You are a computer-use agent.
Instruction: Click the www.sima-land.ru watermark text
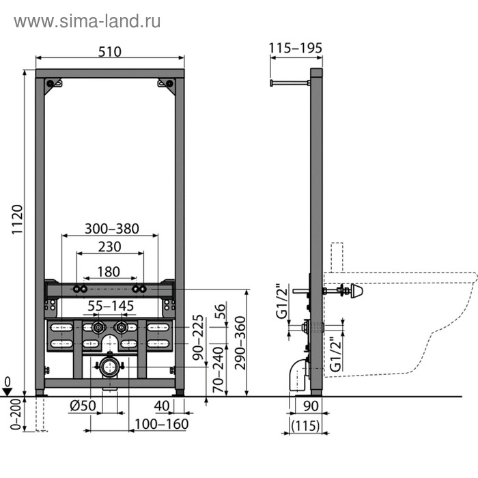coord(87,22)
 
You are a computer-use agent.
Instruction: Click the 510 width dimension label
coord(110,51)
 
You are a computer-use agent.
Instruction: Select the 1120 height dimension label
coord(17,219)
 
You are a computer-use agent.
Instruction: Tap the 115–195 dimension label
coord(296,48)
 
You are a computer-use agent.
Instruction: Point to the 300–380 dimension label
coord(112,229)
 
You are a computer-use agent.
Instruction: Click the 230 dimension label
coord(110,247)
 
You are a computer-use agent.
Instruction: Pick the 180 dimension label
coord(109,272)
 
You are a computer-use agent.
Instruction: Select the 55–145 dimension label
coord(111,306)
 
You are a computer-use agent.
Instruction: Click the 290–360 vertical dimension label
coord(240,343)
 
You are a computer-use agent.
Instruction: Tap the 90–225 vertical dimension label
coord(198,337)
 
